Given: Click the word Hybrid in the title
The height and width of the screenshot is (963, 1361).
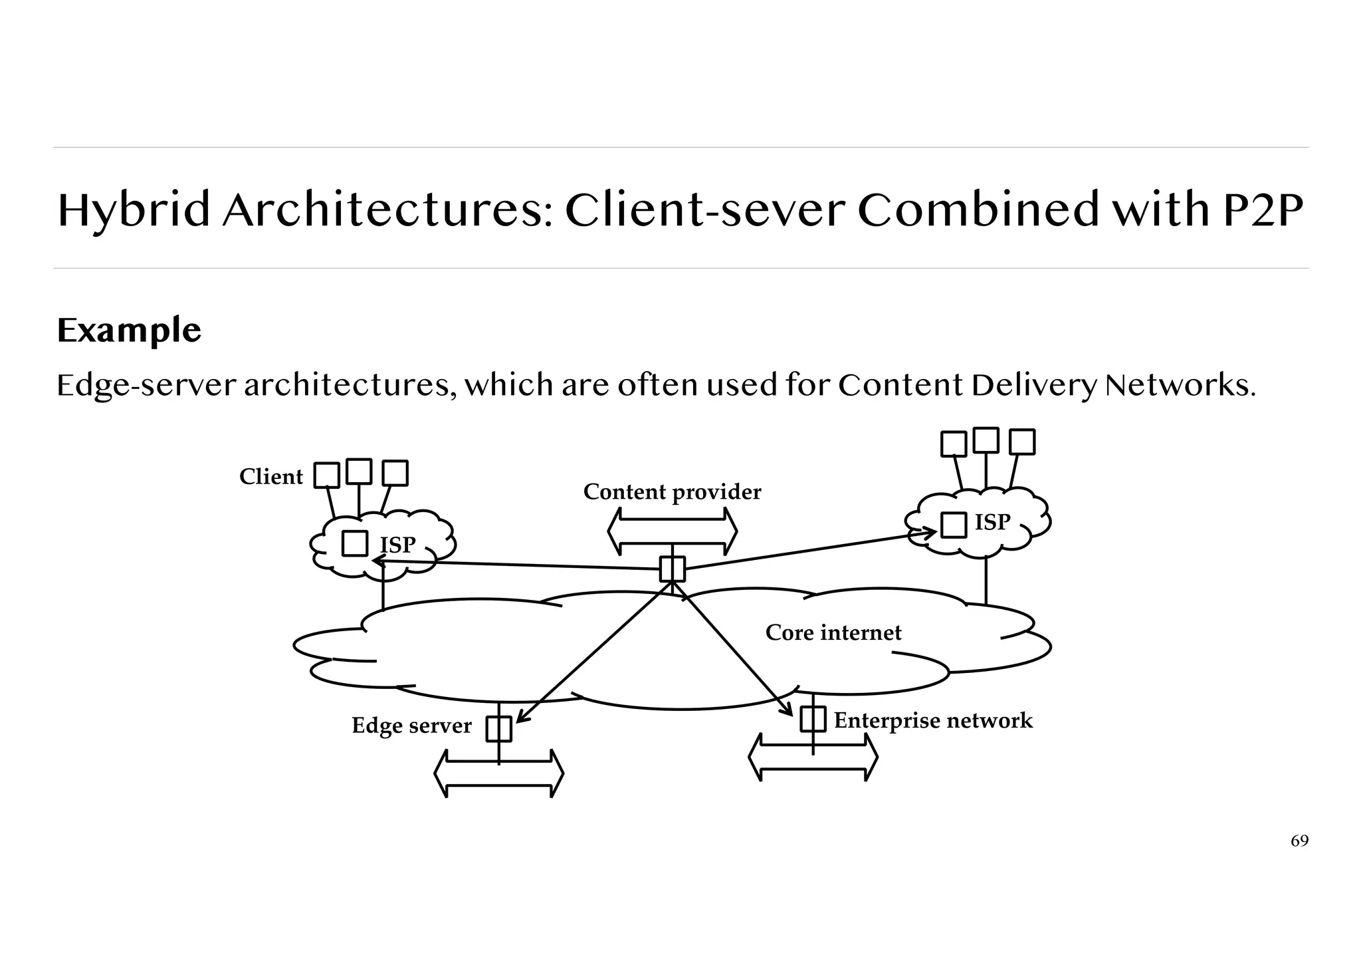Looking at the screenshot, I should pyautogui.click(x=133, y=210).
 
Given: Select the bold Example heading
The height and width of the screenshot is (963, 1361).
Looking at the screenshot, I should pyautogui.click(x=129, y=331).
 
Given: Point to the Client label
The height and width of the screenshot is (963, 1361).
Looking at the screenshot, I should pyautogui.click(x=270, y=477).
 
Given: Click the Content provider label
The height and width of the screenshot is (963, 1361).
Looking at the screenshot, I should pyautogui.click(x=672, y=492).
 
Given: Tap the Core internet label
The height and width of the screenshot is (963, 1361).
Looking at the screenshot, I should pyautogui.click(x=833, y=632).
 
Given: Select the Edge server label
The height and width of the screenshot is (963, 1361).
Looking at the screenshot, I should pyautogui.click(x=411, y=726).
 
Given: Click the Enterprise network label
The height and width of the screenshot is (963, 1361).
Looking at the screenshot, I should pyautogui.click(x=932, y=721).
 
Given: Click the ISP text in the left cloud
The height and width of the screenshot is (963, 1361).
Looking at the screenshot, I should pyautogui.click(x=397, y=545).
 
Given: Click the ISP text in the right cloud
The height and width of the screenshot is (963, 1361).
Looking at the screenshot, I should pyautogui.click(x=992, y=523).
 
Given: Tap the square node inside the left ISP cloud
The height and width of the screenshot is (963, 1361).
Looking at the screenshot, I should pyautogui.click(x=355, y=543).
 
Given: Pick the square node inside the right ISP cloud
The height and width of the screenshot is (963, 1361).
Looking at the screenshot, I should pyautogui.click(x=954, y=525).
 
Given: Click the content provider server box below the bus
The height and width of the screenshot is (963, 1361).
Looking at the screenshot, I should pyautogui.click(x=672, y=569).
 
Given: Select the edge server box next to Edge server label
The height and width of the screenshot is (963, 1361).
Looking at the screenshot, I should pyautogui.click(x=498, y=729).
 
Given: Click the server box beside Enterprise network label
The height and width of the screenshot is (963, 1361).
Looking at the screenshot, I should pyautogui.click(x=813, y=719).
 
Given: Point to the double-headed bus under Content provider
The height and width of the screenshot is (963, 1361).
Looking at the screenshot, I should pyautogui.click(x=672, y=532).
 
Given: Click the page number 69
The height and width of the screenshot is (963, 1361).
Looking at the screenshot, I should pyautogui.click(x=1299, y=841).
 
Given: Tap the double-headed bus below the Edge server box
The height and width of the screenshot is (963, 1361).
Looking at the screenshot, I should pyautogui.click(x=498, y=774).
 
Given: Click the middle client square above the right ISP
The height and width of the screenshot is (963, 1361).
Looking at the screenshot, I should pyautogui.click(x=986, y=440).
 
